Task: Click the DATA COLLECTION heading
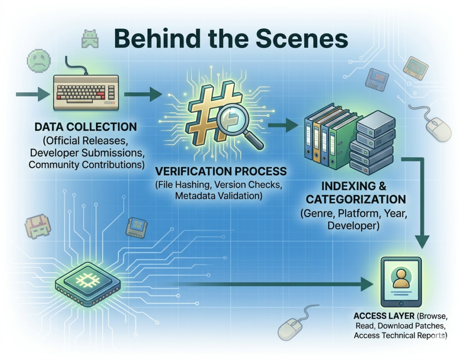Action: tap(86, 126)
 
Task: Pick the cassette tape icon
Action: tap(415, 67)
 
